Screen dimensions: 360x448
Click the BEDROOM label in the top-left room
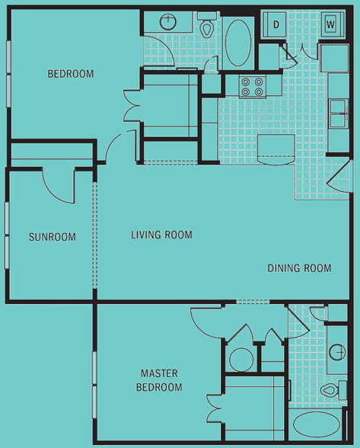click(x=71, y=74)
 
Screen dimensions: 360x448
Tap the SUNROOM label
click(x=53, y=237)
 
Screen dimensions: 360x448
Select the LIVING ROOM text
click(x=161, y=235)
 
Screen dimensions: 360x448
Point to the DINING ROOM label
click(x=299, y=268)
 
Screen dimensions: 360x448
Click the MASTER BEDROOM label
click(x=159, y=380)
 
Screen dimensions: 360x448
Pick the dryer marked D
click(x=275, y=24)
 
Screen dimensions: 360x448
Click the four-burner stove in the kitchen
click(x=253, y=87)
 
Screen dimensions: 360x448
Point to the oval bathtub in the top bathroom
click(x=238, y=43)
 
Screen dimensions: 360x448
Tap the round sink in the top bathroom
click(x=168, y=21)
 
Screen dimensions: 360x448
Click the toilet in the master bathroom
click(x=333, y=390)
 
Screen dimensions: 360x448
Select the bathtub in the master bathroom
click(x=317, y=424)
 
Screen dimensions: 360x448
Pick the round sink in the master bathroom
click(x=337, y=351)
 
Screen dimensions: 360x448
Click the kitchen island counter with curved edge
click(x=276, y=149)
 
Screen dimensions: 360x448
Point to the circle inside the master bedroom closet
click(x=241, y=360)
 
